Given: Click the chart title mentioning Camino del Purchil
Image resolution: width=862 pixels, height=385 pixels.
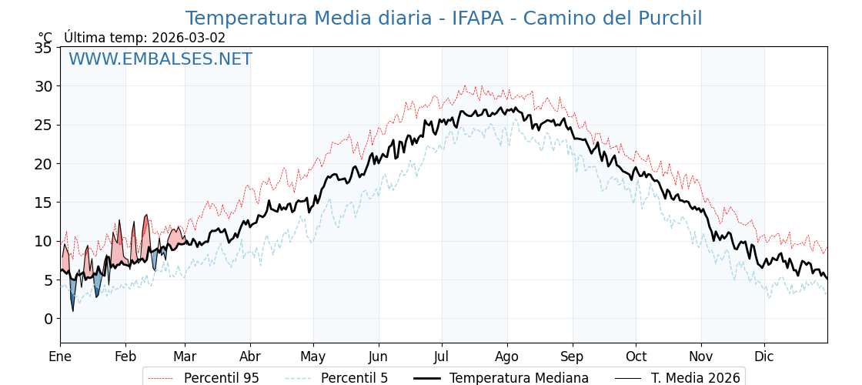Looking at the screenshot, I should point(443,18).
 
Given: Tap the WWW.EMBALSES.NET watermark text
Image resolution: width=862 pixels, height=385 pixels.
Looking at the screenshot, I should point(160,59).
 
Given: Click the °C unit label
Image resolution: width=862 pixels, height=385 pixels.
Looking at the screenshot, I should point(45,38).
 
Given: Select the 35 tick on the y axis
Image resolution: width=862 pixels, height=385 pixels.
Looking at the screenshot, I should point(43,48).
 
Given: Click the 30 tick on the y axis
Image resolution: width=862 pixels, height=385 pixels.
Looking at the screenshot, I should point(43,86).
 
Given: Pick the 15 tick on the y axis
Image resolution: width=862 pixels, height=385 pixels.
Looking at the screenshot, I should point(43,203).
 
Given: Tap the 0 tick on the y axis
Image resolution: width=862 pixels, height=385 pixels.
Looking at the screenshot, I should point(48,319).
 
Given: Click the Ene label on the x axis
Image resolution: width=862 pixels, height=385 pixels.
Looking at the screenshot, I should point(60,357).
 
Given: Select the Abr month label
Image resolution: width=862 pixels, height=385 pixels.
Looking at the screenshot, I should point(250,357).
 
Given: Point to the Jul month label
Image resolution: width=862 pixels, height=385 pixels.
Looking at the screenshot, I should point(442,357).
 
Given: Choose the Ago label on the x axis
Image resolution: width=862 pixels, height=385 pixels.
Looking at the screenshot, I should point(507,357).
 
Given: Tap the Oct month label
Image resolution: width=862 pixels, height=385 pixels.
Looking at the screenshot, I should point(636,357).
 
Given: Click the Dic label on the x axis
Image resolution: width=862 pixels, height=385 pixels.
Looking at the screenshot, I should point(764,357).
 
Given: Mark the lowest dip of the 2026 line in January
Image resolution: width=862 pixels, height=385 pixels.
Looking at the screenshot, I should point(73,310).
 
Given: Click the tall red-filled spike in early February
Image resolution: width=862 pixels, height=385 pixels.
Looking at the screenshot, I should point(145,217).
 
